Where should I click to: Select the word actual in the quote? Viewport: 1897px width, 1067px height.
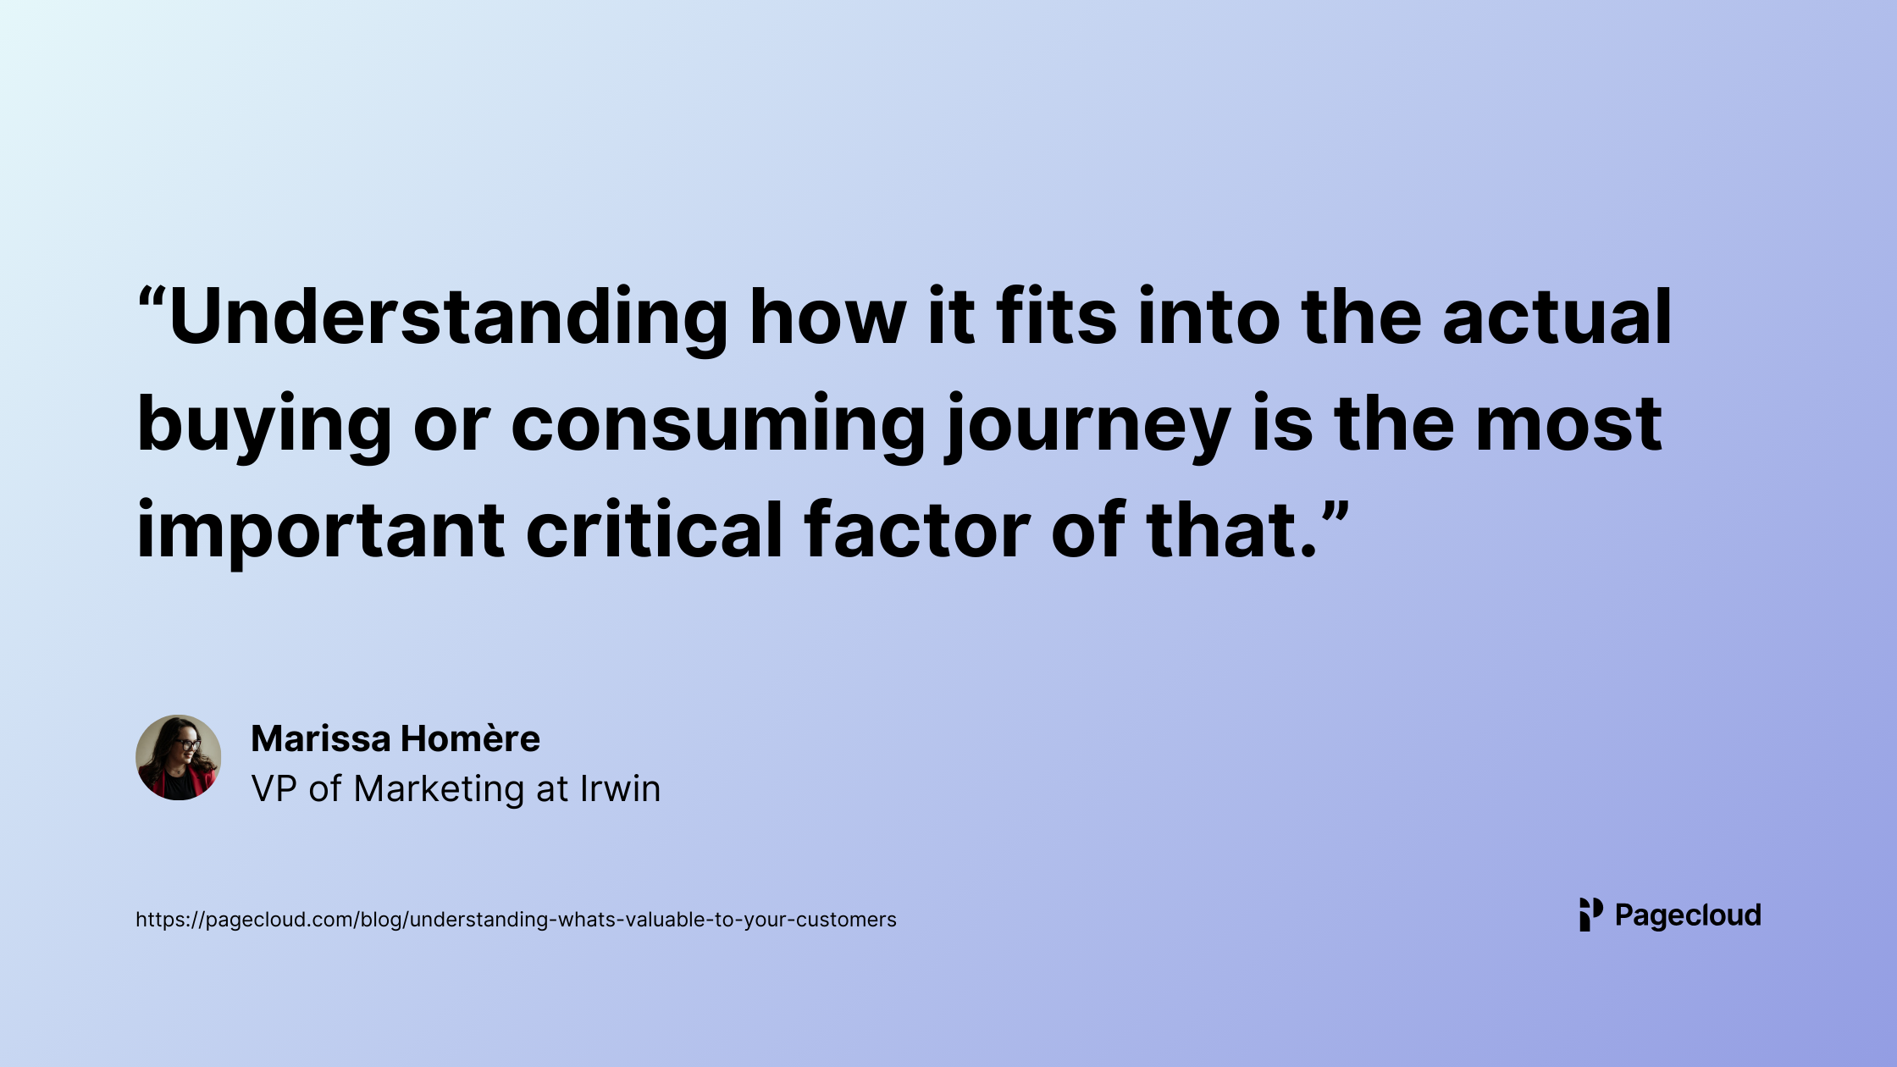[1557, 317]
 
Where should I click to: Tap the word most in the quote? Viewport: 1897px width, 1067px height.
[1568, 426]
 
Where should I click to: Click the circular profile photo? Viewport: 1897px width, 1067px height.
[179, 758]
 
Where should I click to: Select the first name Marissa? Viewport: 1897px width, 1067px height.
[321, 738]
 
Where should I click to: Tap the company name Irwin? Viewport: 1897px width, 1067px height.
[620, 788]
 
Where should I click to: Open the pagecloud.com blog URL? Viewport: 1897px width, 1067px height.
[516, 920]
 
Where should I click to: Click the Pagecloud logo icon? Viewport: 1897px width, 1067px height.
[1591, 915]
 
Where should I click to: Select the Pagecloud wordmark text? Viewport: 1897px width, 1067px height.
[1688, 916]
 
